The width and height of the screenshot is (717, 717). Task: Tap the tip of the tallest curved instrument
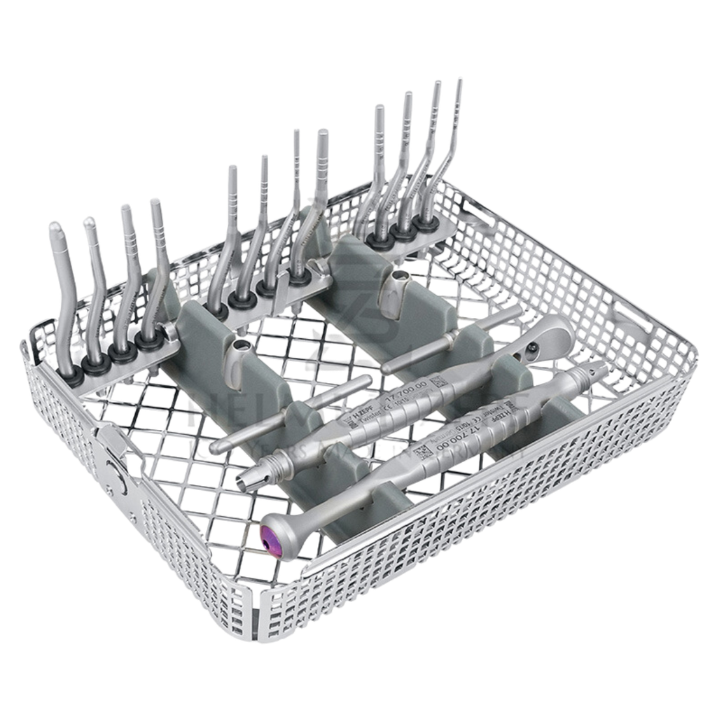point(459,81)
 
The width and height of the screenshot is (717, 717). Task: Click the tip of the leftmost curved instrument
point(54,227)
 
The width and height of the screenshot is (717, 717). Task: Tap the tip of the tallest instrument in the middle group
point(323,133)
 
